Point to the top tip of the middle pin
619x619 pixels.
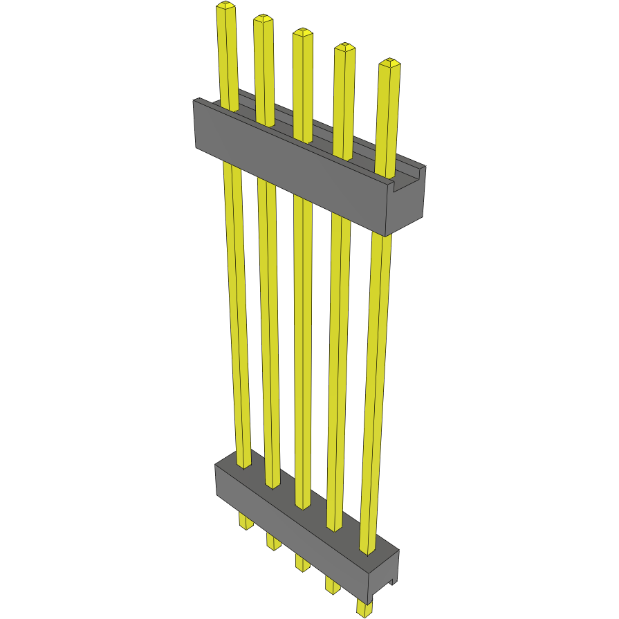302,32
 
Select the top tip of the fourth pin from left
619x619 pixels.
345,48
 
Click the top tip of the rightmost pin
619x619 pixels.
390,64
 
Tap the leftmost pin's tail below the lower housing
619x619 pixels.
246,521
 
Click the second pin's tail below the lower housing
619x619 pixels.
273,542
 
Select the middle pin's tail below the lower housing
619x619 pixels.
302,562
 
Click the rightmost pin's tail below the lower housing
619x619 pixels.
364,608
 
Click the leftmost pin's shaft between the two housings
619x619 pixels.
236,311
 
